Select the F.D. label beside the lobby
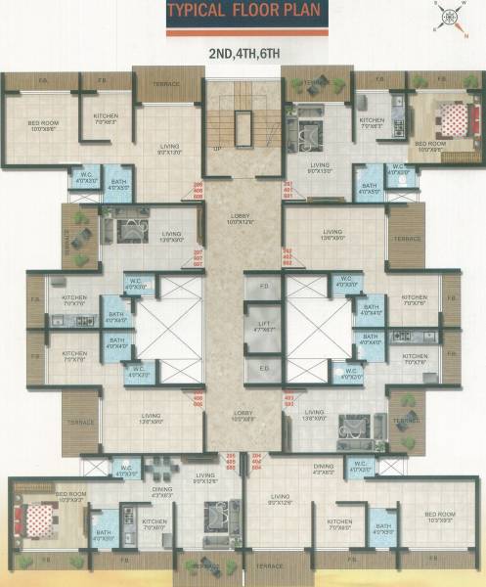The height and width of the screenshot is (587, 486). point(264,286)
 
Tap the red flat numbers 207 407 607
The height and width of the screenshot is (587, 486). point(199,259)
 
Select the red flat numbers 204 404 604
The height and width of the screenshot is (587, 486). point(258,461)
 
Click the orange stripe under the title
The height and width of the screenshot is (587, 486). point(243,33)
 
